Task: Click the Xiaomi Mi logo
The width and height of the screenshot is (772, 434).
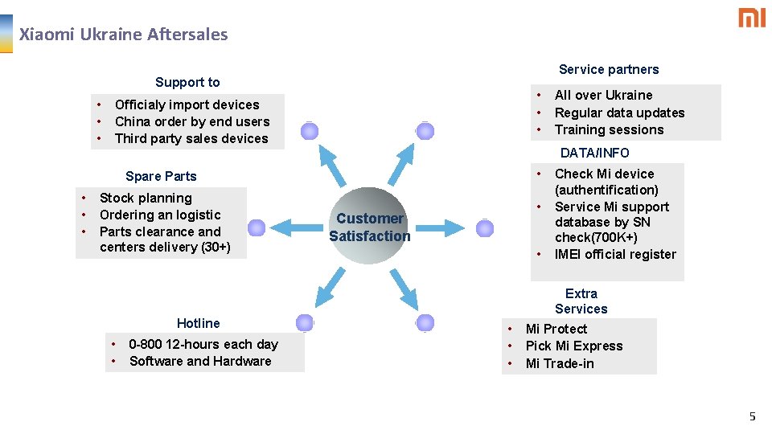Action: pos(752,18)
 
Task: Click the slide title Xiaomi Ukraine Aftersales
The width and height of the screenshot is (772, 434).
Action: pos(123,35)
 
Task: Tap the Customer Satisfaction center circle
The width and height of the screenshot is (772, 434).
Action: pos(369,227)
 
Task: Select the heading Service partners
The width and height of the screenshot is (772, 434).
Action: pos(609,69)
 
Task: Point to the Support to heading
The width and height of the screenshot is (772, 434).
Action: pos(187,82)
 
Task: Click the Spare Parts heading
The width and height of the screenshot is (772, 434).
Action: pos(161,176)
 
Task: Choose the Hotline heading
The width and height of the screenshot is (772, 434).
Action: pos(198,323)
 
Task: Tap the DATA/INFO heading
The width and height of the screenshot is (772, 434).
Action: pos(594,153)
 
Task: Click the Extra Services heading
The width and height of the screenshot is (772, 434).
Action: pos(581,301)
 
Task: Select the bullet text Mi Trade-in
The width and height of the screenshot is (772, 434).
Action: pos(560,363)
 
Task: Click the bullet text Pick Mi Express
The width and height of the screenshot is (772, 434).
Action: pos(574,346)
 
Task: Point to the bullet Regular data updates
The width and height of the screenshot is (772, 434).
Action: pos(619,113)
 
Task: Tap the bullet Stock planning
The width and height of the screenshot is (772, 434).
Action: pos(146,198)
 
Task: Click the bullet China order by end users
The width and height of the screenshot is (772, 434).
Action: pos(192,121)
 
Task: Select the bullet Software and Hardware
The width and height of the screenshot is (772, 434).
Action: pos(200,361)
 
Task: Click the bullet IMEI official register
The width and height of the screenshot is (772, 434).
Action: pos(615,254)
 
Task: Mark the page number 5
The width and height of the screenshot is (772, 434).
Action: pos(753,416)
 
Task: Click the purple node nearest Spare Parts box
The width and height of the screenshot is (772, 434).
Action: pos(257,228)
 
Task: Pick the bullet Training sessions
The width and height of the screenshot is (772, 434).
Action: pos(609,129)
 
